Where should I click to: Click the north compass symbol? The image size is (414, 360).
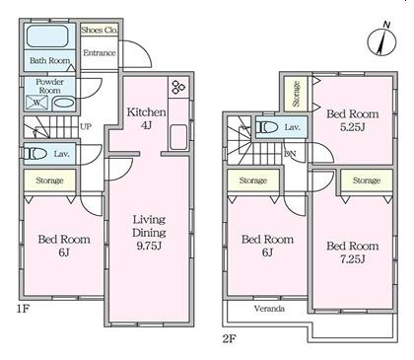click(381, 41)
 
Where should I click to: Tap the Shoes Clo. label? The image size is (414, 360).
click(100, 31)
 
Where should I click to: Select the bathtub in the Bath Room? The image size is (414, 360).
click(47, 36)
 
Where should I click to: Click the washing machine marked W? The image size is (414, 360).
click(37, 103)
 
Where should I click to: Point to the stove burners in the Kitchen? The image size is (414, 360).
click(178, 87)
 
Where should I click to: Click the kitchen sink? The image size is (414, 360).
click(178, 137)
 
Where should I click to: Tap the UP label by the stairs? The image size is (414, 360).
click(86, 126)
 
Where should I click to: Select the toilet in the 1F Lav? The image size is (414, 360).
click(35, 154)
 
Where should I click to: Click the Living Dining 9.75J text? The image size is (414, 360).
click(149, 233)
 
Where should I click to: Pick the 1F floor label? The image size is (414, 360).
click(24, 309)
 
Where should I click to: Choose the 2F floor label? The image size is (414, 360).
click(230, 338)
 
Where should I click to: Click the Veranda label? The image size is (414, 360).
click(269, 309)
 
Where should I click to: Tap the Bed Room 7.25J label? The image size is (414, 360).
click(352, 252)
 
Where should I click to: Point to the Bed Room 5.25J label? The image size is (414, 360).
click(352, 120)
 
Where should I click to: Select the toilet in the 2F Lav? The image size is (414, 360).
click(267, 127)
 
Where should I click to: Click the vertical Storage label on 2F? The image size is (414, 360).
click(296, 94)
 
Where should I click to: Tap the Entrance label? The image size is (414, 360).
click(100, 53)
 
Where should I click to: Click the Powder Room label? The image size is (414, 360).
click(49, 86)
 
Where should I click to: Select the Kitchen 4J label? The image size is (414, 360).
click(146, 118)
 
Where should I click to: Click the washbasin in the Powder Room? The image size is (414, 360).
click(63, 103)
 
